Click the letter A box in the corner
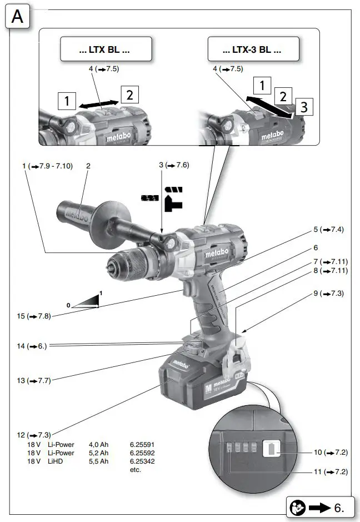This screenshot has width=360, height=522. click(18, 17)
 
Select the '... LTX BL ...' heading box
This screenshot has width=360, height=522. click(105, 49)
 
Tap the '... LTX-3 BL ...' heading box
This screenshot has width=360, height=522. click(252, 49)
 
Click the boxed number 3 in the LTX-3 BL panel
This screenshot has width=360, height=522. click(303, 107)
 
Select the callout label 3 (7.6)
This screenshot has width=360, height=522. click(174, 166)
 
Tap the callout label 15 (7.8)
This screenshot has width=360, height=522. click(33, 316)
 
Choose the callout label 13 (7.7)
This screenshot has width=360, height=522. click(33, 381)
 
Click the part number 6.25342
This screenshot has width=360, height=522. click(142, 461)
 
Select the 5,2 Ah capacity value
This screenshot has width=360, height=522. click(99, 453)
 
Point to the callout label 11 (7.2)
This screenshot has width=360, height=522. click(330, 472)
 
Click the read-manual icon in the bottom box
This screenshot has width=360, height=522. click(297, 507)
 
